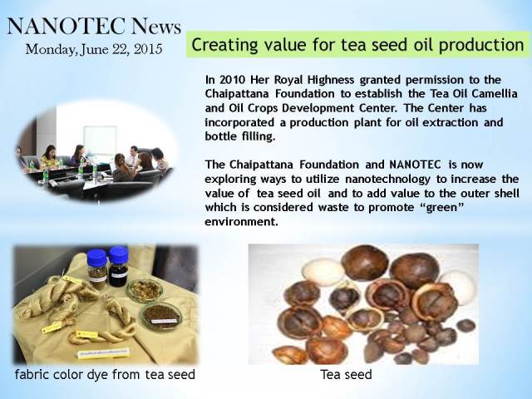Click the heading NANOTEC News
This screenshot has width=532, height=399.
tap(94, 27)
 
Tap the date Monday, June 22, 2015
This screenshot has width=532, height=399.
tap(94, 49)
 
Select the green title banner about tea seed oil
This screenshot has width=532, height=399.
tap(357, 45)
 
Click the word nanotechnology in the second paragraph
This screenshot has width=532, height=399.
tap(388, 179)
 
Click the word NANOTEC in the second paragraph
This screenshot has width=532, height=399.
tap(416, 165)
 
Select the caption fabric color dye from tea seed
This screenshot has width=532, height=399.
tap(105, 375)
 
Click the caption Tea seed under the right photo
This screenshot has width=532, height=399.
tap(346, 375)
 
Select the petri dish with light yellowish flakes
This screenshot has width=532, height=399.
tap(145, 290)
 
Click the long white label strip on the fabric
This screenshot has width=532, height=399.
tap(104, 353)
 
